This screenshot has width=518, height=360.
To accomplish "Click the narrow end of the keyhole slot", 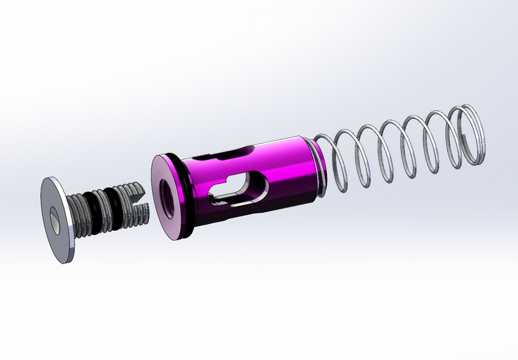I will pyautogui.click(x=223, y=194).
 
